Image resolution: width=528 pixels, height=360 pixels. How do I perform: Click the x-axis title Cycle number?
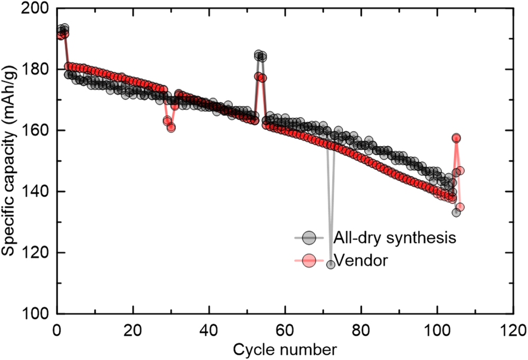(285, 349)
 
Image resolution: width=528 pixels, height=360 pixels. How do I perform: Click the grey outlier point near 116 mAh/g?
(331, 264)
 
